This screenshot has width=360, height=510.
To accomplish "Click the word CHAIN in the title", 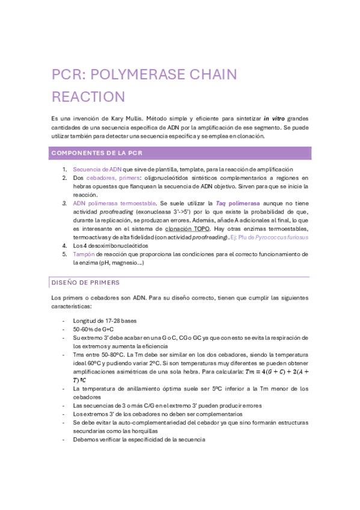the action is pyautogui.click(x=208, y=75).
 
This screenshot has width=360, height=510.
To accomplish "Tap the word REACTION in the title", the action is pyautogui.click(x=88, y=97).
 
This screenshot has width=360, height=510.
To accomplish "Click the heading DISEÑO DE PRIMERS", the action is pyautogui.click(x=85, y=282).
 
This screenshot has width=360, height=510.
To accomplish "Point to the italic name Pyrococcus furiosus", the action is pyautogui.click(x=281, y=237).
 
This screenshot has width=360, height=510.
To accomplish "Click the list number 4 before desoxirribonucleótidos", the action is pyautogui.click(x=65, y=245).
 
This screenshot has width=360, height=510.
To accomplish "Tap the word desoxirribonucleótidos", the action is pyautogui.click(x=118, y=245).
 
